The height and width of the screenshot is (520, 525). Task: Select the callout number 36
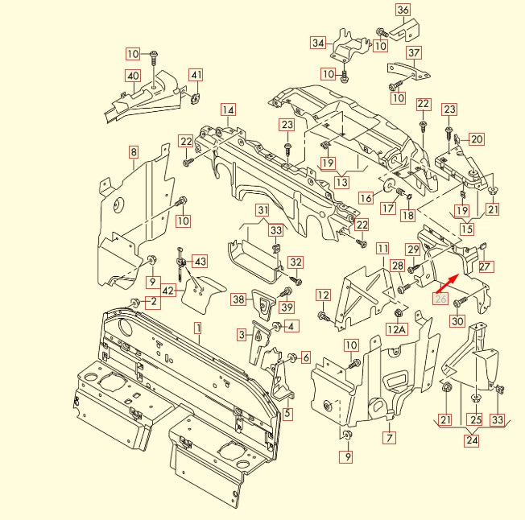(403, 10)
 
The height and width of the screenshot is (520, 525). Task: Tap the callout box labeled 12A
(396, 329)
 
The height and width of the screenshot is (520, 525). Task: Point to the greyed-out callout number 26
(440, 298)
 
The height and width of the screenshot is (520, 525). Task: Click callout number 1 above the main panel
(198, 328)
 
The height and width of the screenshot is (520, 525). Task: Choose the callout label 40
(133, 76)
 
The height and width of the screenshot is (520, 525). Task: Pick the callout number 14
(229, 109)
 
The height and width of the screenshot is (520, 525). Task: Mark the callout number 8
(133, 151)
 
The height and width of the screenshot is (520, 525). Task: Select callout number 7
(390, 438)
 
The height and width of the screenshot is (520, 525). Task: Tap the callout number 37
(414, 54)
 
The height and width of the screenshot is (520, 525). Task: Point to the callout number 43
(200, 261)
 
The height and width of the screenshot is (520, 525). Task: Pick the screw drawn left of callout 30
(459, 303)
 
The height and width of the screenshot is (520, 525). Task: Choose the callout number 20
(477, 139)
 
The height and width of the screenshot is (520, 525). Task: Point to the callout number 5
(287, 414)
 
